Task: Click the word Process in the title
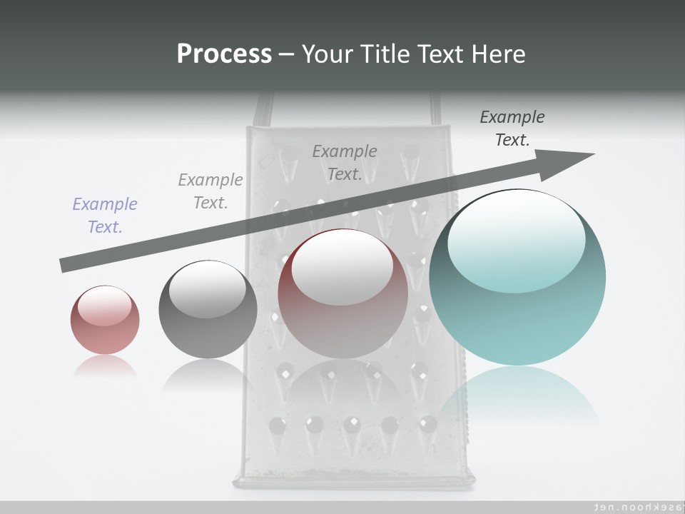click(224, 54)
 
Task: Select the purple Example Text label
click(105, 216)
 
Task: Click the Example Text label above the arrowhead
click(512, 128)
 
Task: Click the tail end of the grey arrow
click(64, 266)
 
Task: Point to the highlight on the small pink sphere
click(104, 306)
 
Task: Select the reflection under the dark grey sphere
click(207, 374)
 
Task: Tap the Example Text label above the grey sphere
click(210, 191)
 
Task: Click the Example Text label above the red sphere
click(345, 163)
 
